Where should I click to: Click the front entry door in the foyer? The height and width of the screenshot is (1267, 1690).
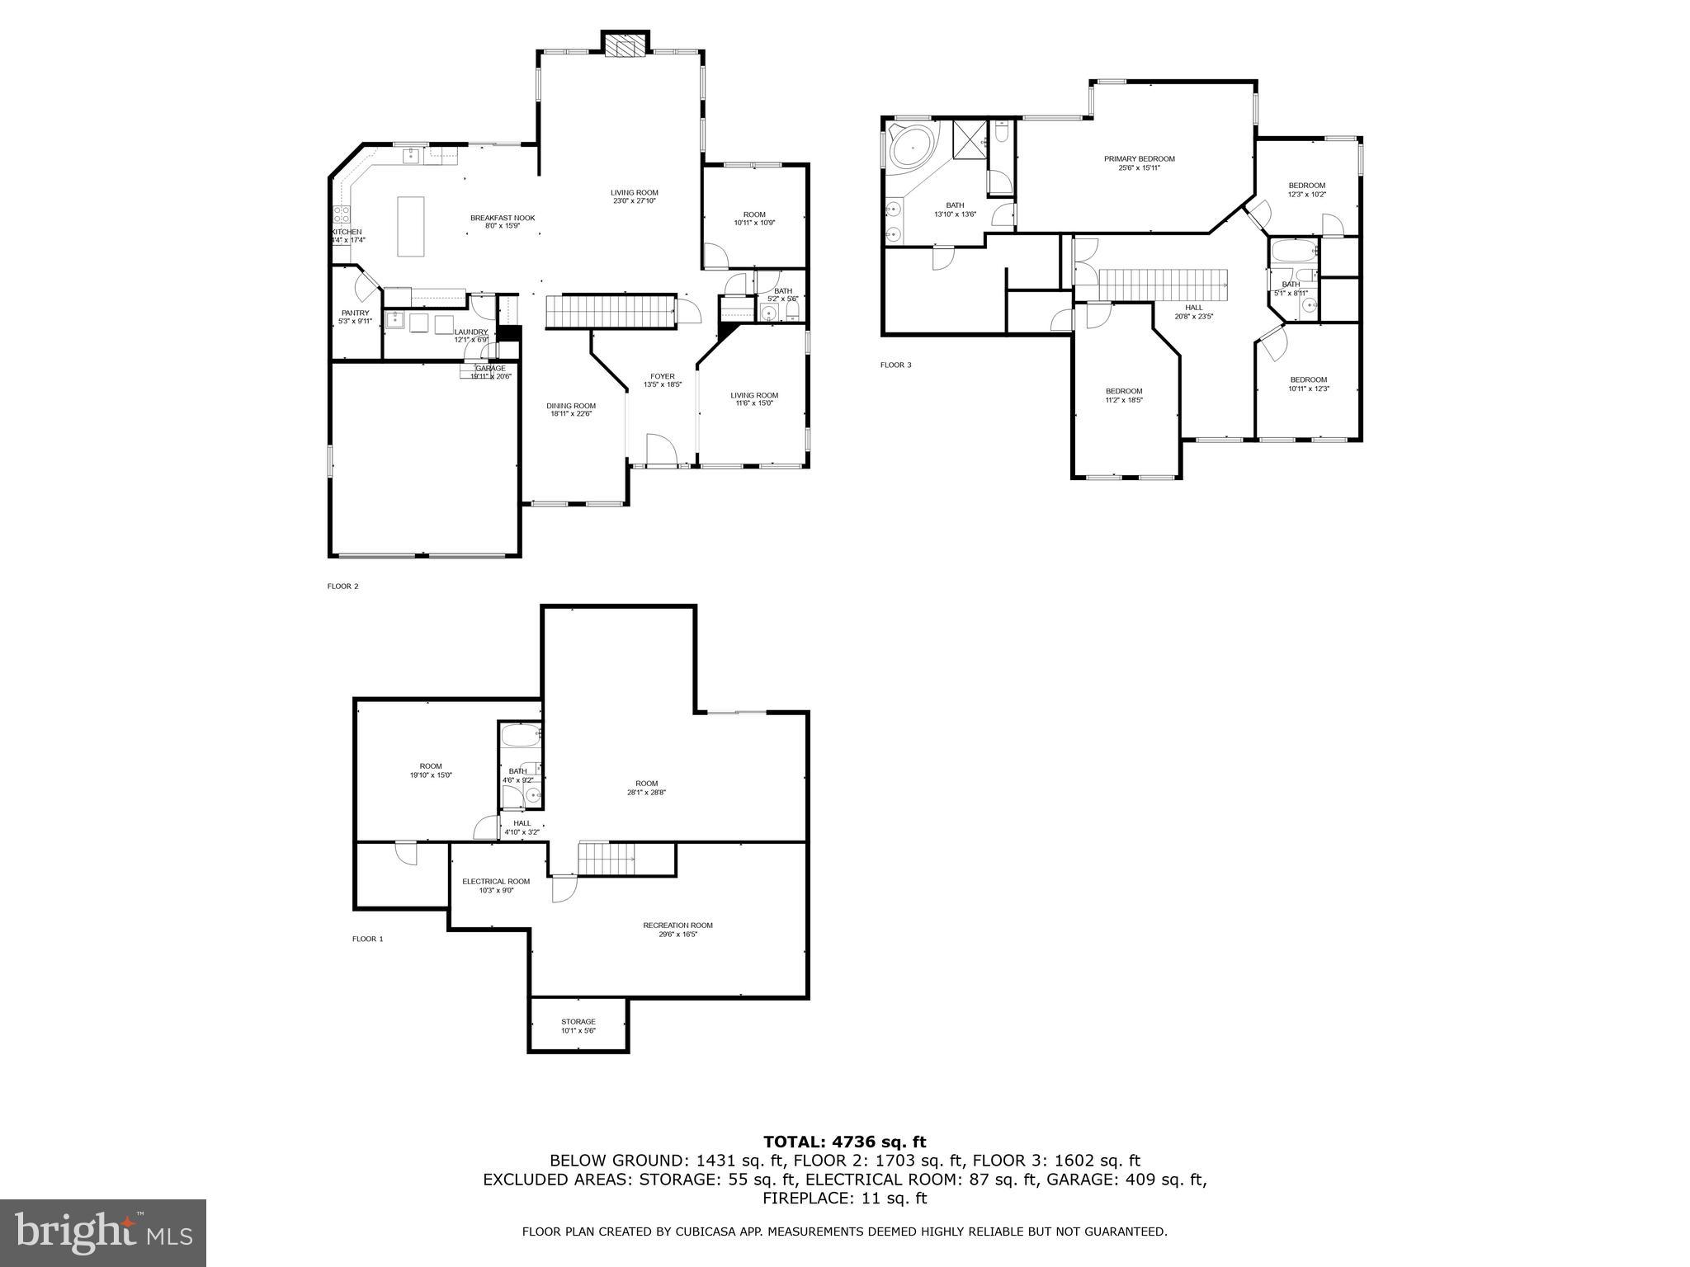click(661, 450)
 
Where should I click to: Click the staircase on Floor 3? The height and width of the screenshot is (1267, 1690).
click(1164, 285)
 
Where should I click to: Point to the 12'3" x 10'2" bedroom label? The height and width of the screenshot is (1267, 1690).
click(1307, 190)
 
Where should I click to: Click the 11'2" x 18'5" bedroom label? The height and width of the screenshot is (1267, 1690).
click(1124, 395)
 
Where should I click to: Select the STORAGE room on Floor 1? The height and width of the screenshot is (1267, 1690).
click(578, 1025)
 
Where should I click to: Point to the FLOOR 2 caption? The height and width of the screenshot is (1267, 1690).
click(343, 586)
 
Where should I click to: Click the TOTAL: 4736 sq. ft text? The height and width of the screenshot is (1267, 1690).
click(844, 1142)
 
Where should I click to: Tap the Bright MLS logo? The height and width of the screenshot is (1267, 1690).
click(102, 1233)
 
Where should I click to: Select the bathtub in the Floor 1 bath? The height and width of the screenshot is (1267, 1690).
click(521, 736)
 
